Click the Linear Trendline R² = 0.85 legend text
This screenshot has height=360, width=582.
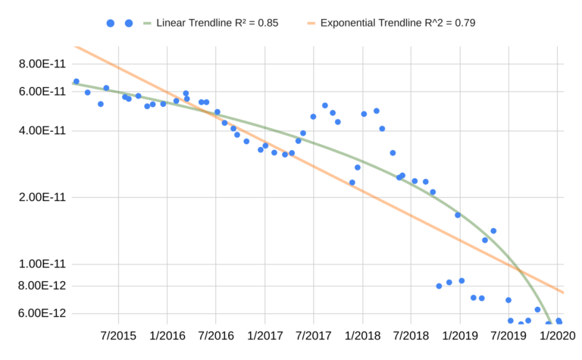(x=217, y=23)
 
